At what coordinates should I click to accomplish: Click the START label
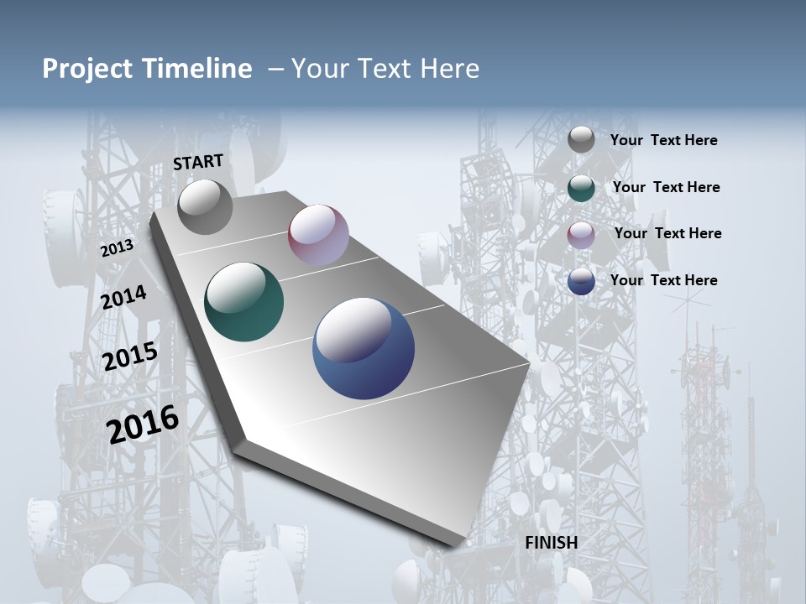click(198, 162)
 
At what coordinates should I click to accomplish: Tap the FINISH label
click(551, 543)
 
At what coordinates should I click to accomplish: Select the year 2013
click(117, 248)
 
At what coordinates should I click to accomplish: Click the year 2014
click(123, 298)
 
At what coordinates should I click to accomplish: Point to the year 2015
click(129, 357)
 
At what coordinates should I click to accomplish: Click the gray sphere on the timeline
click(205, 207)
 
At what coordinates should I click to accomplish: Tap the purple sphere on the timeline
click(318, 235)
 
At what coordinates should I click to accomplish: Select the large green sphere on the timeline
click(244, 302)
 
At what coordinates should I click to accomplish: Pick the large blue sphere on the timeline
click(364, 348)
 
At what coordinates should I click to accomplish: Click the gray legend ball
click(581, 139)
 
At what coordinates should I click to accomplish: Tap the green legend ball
click(581, 188)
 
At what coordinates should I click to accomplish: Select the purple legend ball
click(581, 234)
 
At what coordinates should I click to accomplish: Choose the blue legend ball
click(581, 281)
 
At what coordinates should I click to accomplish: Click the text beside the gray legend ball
click(663, 141)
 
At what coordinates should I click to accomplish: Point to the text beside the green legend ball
click(666, 187)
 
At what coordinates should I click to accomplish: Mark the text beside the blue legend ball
click(663, 280)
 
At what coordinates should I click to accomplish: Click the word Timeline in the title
click(197, 69)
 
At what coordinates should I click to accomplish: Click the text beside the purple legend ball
click(667, 233)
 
